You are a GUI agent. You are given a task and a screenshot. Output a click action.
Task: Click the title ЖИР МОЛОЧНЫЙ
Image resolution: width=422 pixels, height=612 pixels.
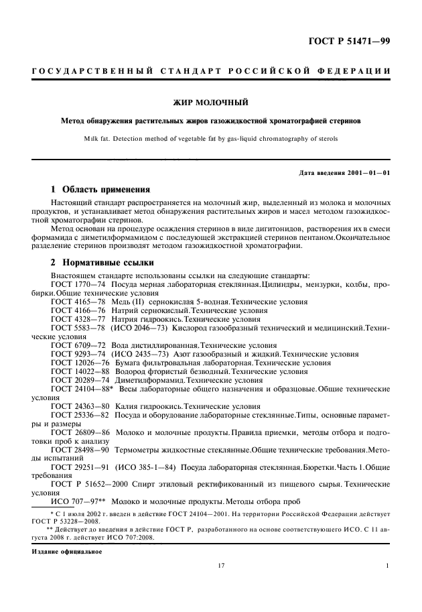point(211,103)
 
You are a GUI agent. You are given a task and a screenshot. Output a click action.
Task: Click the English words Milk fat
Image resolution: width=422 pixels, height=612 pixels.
point(100,139)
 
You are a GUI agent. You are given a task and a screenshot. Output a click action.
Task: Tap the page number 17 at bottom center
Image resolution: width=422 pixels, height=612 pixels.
point(220,566)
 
